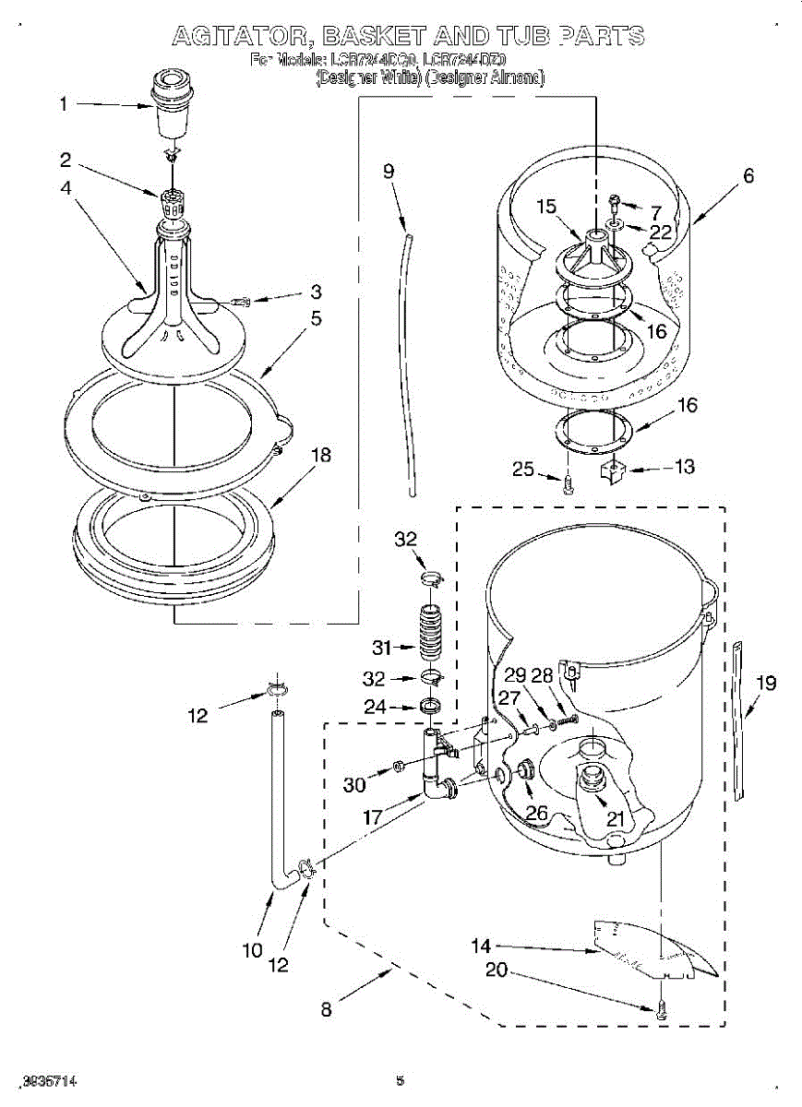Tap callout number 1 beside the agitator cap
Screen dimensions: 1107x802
click(x=64, y=104)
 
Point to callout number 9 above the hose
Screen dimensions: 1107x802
click(x=389, y=171)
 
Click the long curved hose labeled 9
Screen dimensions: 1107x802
click(x=410, y=351)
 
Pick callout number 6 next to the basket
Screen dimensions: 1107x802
click(x=748, y=175)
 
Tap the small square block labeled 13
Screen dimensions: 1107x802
click(x=613, y=471)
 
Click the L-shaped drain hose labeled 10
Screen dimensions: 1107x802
click(x=277, y=803)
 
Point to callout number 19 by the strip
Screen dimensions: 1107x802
click(x=766, y=684)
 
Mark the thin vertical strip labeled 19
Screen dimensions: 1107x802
click(x=739, y=720)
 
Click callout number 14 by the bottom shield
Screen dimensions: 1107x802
click(x=481, y=946)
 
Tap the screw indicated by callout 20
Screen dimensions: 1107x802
click(x=660, y=1011)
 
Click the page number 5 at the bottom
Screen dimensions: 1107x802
click(x=400, y=1080)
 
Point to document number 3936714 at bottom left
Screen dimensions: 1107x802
click(x=50, y=1080)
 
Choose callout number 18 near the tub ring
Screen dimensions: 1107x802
click(x=320, y=455)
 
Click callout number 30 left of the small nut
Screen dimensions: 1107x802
click(x=354, y=785)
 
